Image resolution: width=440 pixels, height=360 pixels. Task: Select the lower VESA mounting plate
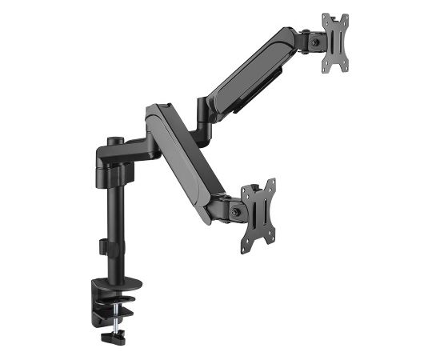258,214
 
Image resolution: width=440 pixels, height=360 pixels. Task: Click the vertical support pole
110,224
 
